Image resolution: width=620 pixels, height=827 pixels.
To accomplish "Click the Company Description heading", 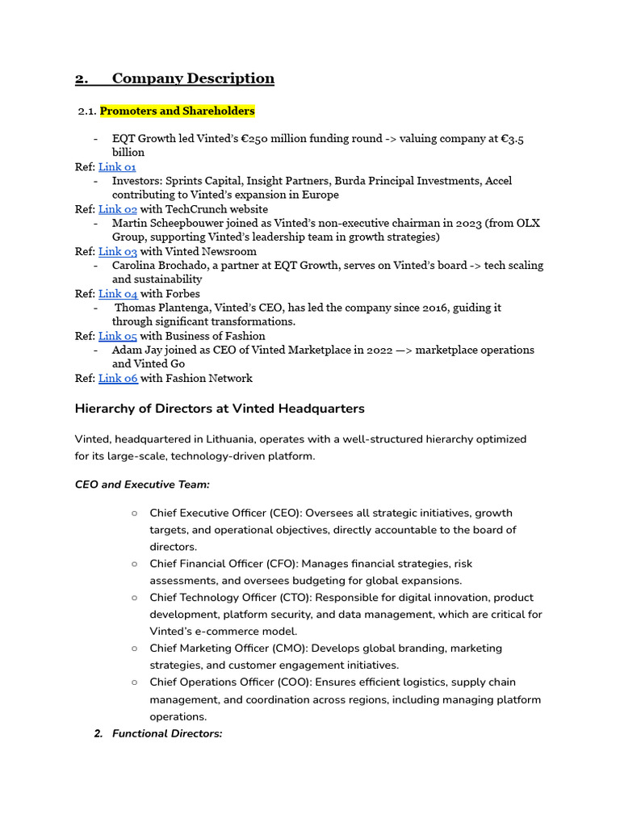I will point(193,78).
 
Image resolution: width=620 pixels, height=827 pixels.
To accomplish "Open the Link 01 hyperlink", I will point(117,166).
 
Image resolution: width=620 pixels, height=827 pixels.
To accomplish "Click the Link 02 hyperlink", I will point(117,209).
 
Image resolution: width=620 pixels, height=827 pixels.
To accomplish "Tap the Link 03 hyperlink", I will point(117,251).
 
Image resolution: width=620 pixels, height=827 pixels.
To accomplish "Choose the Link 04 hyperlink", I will point(117,293).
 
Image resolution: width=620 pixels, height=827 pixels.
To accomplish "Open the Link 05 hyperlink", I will point(117,336).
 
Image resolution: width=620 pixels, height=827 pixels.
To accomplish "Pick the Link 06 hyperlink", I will point(117,378).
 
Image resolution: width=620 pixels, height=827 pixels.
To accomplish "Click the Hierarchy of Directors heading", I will point(220,409).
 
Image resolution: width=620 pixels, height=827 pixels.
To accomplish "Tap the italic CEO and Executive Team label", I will point(142,485).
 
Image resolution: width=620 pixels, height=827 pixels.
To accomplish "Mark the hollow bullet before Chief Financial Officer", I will point(133,564).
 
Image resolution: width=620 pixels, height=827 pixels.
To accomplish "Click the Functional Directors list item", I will point(167,733).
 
